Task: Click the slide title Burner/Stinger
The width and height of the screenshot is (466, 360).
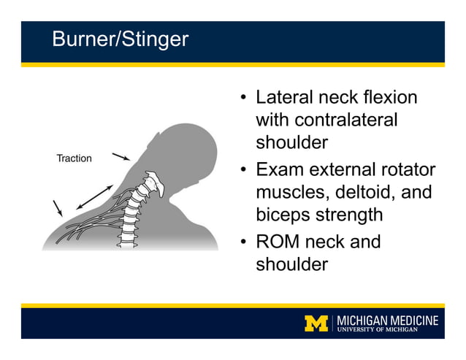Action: (120, 39)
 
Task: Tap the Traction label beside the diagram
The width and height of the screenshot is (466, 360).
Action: (74, 158)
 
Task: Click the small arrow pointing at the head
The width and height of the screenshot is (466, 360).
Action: (121, 156)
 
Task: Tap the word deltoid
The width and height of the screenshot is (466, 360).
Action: (369, 193)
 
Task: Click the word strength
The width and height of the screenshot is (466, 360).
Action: (353, 215)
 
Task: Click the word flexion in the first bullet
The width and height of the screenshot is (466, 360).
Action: (393, 98)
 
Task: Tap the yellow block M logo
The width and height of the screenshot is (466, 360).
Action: (316, 323)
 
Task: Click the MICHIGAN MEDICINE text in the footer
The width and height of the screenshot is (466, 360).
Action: (388, 320)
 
